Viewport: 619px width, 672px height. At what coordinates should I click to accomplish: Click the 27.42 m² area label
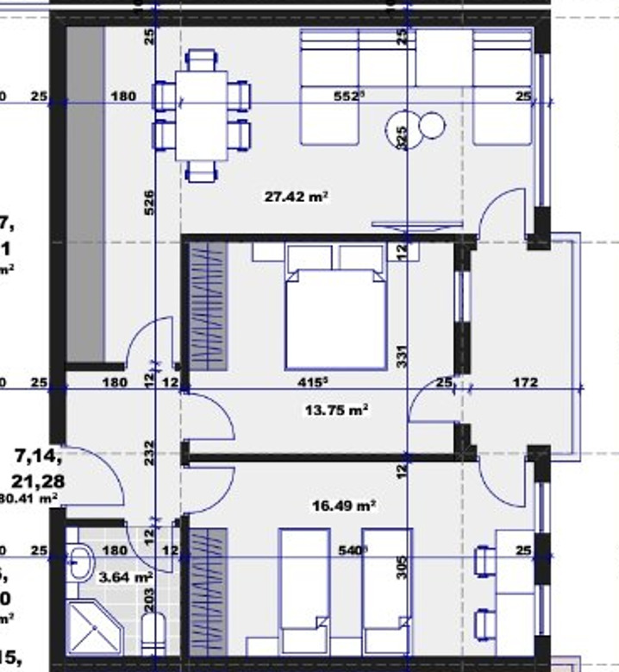(297, 197)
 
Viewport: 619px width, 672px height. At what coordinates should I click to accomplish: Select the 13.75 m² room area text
(336, 411)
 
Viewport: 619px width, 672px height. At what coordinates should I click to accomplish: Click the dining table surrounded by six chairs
(201, 115)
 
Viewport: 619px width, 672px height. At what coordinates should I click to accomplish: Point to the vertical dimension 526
(150, 204)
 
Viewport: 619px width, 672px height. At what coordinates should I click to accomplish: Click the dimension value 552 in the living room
(347, 97)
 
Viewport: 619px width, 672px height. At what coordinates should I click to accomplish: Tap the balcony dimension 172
(524, 382)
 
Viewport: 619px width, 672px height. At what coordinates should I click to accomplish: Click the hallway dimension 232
(150, 454)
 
